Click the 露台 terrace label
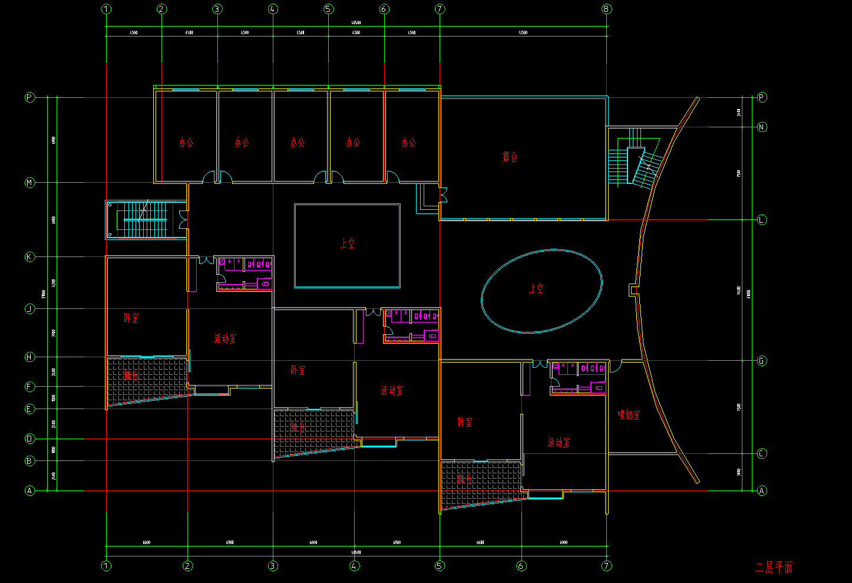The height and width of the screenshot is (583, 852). pos(510,157)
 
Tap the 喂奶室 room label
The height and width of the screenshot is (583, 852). pos(629,415)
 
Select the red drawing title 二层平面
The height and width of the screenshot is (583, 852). pos(774,567)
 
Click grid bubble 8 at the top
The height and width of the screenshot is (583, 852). pos(606,9)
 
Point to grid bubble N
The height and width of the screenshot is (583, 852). pos(762,127)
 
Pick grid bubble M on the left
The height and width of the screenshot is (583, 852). pos(29,183)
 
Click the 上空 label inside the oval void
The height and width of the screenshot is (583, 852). pos(536,288)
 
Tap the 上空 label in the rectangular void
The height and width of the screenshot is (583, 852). pos(348,243)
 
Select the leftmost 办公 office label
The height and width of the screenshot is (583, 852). pos(186,142)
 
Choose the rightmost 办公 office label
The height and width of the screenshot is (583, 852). pos(408,142)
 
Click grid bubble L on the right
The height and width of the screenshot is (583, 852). pos(762,220)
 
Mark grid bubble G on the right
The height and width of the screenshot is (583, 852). pos(762,361)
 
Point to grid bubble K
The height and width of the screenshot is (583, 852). pos(29,257)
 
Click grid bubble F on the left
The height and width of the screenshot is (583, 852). pos(29,387)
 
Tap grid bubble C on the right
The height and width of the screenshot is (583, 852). pos(762,453)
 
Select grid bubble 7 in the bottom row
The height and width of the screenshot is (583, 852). pos(606,566)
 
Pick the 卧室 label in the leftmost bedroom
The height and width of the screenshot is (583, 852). pos(131,318)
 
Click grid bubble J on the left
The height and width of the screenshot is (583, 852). pos(29,309)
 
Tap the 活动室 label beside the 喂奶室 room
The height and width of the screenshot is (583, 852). pos(559,442)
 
